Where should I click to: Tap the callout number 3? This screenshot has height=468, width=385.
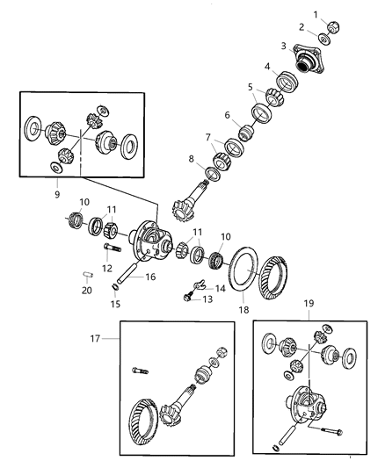(x=284, y=46)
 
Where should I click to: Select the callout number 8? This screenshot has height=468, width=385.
(x=191, y=160)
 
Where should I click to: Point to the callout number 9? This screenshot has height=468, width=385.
(x=57, y=194)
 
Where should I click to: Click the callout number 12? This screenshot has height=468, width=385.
(x=105, y=268)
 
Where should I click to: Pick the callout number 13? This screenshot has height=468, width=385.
(x=209, y=299)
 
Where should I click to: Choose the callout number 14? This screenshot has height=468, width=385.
(x=219, y=287)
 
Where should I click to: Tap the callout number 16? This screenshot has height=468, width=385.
(x=150, y=276)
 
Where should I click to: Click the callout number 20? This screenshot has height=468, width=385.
(x=86, y=292)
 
